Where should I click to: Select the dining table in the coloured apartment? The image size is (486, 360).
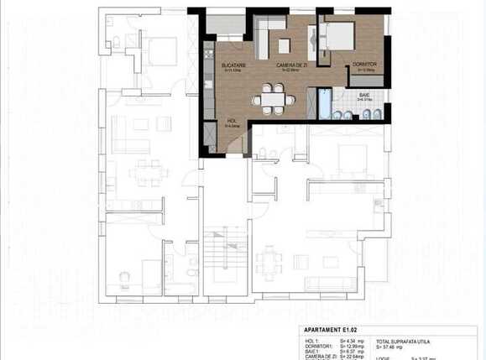click(x=273, y=99)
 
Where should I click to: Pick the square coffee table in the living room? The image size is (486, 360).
click(x=285, y=45)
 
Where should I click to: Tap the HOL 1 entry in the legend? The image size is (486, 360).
click(x=311, y=340)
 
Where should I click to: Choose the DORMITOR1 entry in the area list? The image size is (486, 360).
click(x=316, y=346)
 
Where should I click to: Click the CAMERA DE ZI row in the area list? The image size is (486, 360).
click(x=320, y=357)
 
